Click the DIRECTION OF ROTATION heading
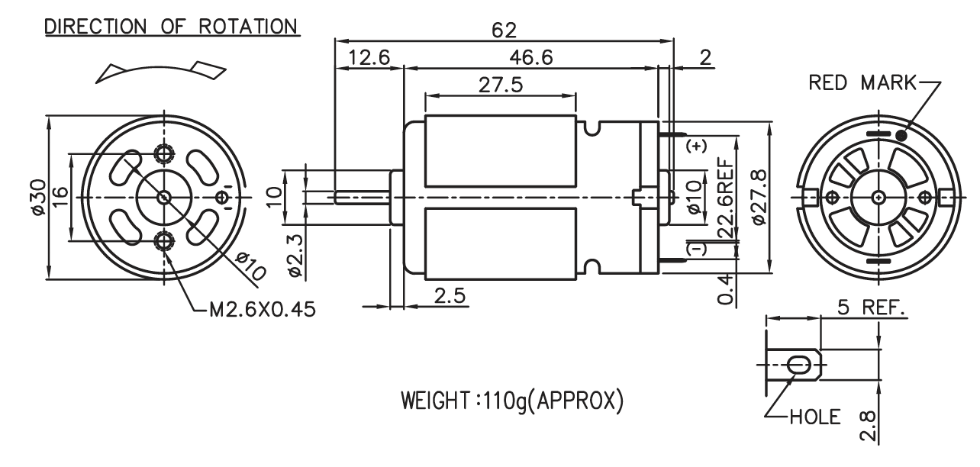pyautogui.click(x=171, y=27)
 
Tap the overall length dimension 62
pyautogui.click(x=504, y=31)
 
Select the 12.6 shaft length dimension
pyautogui.click(x=369, y=58)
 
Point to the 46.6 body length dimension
pyautogui.click(x=531, y=58)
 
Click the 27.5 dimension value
pyautogui.click(x=501, y=85)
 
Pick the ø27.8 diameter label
pyautogui.click(x=759, y=196)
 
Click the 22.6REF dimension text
pyautogui.click(x=727, y=198)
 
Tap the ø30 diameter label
pyautogui.click(x=38, y=197)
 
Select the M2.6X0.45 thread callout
pyautogui.click(x=263, y=310)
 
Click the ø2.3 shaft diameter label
pyautogui.click(x=295, y=256)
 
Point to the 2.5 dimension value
pyautogui.click(x=450, y=296)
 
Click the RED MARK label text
pyautogui.click(x=862, y=82)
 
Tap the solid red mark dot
pyautogui.click(x=901, y=136)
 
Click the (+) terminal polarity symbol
pyautogui.click(x=696, y=146)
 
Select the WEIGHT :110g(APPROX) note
pyautogui.click(x=512, y=401)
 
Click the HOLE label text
pyautogui.click(x=815, y=417)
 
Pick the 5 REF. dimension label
pyautogui.click(x=871, y=308)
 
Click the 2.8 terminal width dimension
pyautogui.click(x=867, y=426)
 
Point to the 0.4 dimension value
pyautogui.click(x=724, y=288)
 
